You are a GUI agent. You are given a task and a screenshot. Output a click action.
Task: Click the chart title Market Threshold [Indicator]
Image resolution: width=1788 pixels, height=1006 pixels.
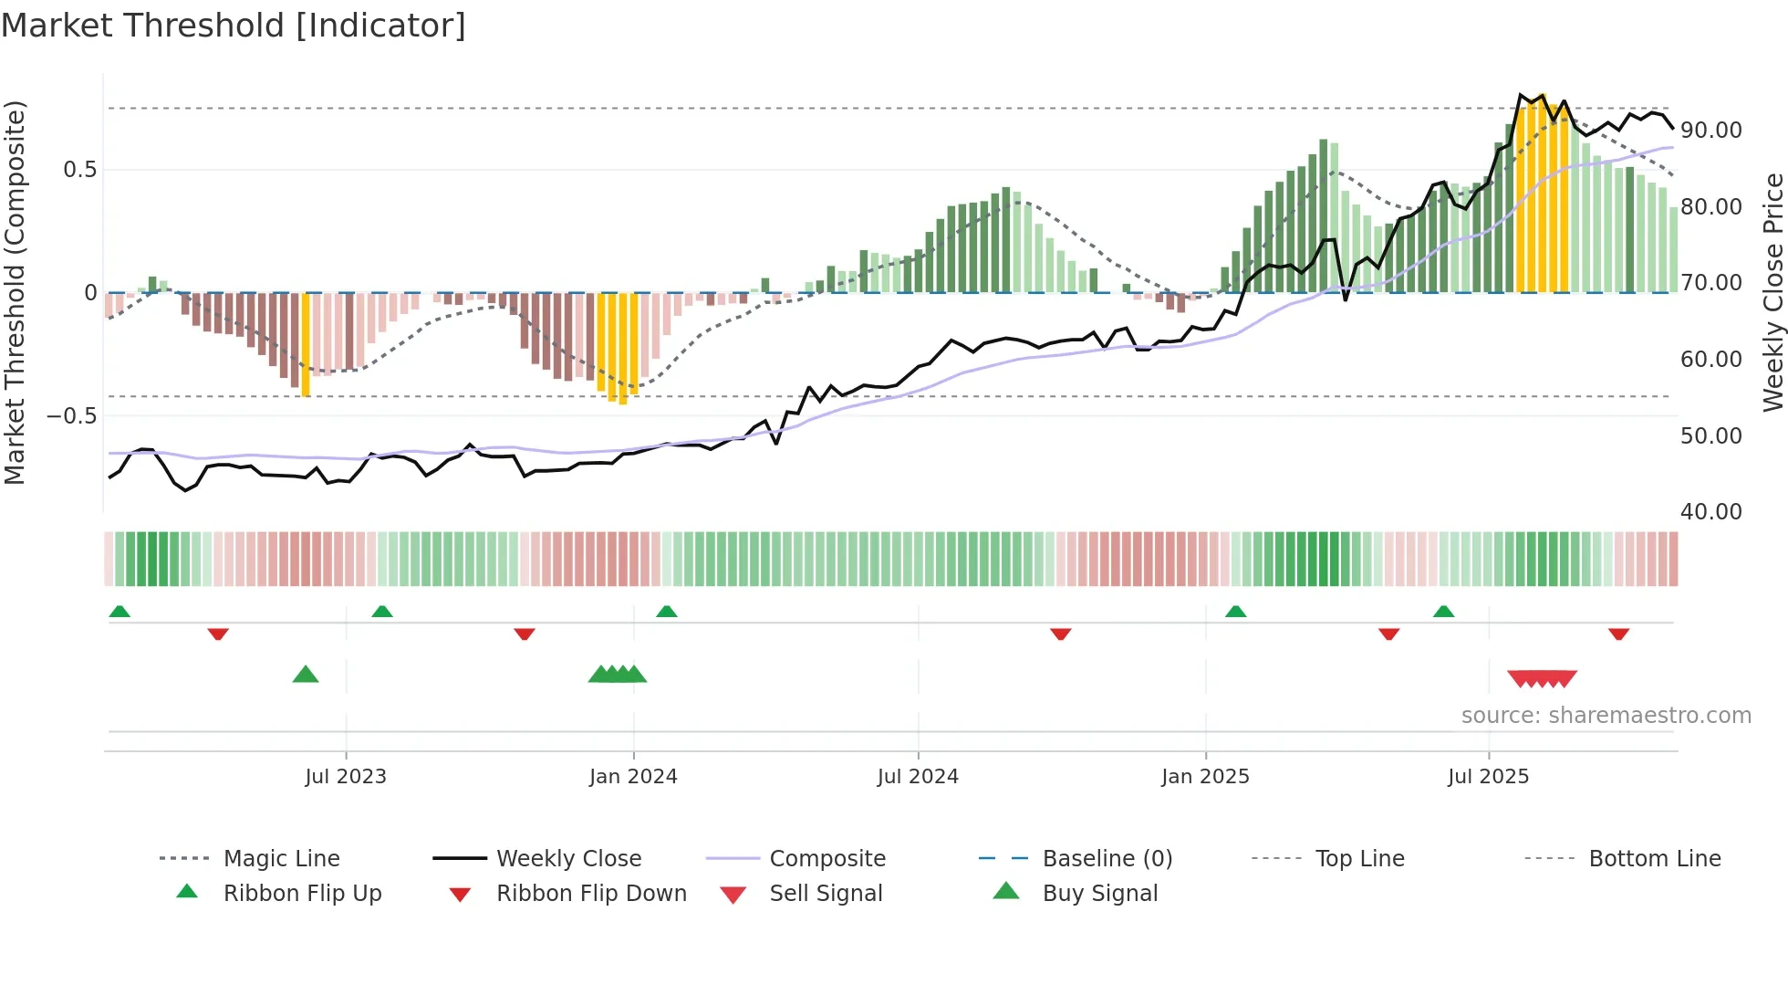pyautogui.click(x=234, y=26)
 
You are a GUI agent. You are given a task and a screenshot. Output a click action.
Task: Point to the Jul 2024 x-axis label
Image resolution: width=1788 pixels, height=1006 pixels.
pyautogui.click(x=918, y=777)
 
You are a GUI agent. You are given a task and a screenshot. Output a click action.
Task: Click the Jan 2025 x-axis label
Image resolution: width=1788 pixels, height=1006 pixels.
pyautogui.click(x=1205, y=777)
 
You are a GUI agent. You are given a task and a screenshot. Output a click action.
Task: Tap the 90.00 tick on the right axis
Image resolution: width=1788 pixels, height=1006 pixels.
pyautogui.click(x=1711, y=131)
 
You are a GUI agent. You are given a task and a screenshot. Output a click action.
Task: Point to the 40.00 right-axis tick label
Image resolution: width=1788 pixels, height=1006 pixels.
pyautogui.click(x=1711, y=512)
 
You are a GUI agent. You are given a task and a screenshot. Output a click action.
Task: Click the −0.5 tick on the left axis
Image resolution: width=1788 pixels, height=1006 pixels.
pyautogui.click(x=71, y=416)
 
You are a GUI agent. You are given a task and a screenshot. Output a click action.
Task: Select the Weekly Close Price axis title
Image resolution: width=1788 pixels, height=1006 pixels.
pyautogui.click(x=1772, y=292)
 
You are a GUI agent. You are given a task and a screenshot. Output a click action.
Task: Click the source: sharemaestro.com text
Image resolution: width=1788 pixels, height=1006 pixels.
pyautogui.click(x=1606, y=716)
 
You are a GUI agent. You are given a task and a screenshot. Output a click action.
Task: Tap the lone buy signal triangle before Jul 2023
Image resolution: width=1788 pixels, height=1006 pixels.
pyautogui.click(x=306, y=675)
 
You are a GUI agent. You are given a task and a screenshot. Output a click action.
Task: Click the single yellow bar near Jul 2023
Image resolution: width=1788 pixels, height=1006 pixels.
pyautogui.click(x=306, y=344)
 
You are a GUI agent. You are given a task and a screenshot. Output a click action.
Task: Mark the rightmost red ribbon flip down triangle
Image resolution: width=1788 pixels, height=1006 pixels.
pyautogui.click(x=1618, y=634)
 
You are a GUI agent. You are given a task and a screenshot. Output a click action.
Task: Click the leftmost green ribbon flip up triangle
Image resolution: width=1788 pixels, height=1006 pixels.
pyautogui.click(x=120, y=612)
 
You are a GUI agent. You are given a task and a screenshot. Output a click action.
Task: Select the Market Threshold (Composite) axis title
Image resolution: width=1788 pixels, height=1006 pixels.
pyautogui.click(x=15, y=292)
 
